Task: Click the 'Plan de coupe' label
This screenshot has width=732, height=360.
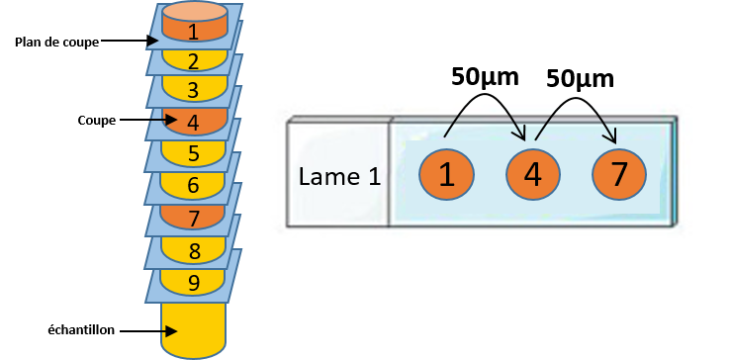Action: pos(57,42)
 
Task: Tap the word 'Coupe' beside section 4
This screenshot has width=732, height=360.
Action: pos(97,121)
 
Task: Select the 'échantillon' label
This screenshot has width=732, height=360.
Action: pos(81,330)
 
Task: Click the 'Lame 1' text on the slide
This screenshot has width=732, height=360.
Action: pos(339,177)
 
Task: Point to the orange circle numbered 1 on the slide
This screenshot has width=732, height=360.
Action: pos(447,174)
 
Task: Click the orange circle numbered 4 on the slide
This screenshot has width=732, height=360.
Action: pos(532,174)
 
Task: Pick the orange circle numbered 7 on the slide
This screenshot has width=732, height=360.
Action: pos(619,174)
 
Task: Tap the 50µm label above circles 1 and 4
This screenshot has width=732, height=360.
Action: pos(485,77)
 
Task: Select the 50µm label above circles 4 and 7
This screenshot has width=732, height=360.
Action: pos(580,79)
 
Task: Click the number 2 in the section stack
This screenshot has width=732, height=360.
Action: pos(193,61)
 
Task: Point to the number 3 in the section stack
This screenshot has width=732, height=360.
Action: pos(193,91)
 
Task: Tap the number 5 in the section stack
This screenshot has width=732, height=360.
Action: pos(193,154)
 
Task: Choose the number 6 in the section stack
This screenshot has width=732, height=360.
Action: pos(193,186)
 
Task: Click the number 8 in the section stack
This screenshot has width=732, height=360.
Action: pos(193,251)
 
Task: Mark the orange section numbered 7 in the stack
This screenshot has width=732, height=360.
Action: pos(193,216)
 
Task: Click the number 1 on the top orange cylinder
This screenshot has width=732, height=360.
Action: pos(193,33)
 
